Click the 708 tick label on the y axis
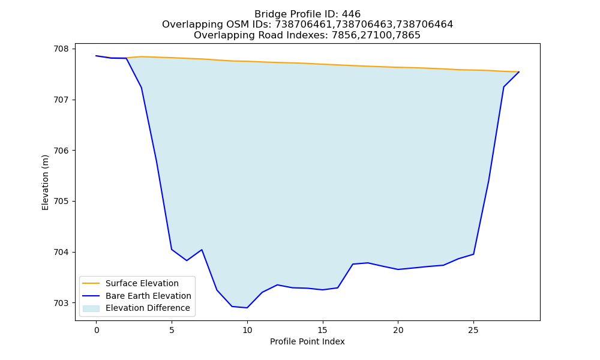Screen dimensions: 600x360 pos(61,49)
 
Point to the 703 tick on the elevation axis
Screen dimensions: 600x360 pos(61,303)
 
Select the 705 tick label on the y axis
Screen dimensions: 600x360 pos(61,201)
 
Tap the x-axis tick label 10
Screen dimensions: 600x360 pos(247,330)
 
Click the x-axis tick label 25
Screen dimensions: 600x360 pos(473,330)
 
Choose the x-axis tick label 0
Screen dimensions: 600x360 pos(97,330)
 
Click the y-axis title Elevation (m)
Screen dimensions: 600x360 pos(45,182)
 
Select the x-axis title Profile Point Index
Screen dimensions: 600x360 pos(307,341)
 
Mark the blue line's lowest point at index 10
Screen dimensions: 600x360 pos(247,308)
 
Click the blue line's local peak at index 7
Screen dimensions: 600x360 pos(202,250)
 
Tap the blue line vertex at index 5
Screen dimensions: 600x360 pos(172,250)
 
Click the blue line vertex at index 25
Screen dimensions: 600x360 pos(474,254)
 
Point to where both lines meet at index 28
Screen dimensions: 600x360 pos(519,71)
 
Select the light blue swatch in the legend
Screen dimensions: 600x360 pos(91,308)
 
